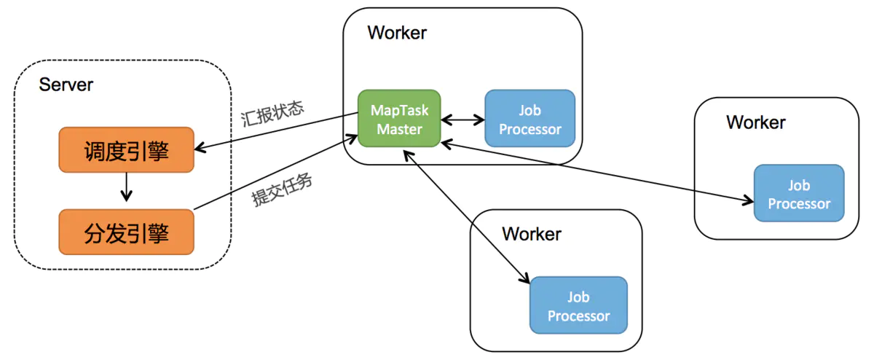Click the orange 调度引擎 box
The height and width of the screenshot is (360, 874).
click(126, 150)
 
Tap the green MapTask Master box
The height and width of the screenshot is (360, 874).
click(400, 120)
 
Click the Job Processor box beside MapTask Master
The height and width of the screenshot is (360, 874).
click(529, 120)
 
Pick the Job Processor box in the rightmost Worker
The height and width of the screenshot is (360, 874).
click(798, 193)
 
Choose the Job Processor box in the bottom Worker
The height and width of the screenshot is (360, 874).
click(578, 306)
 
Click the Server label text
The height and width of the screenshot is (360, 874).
click(66, 85)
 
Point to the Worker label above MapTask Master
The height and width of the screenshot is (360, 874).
click(397, 33)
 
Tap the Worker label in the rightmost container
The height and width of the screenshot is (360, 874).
click(755, 122)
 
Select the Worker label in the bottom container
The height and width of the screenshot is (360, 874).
click(532, 234)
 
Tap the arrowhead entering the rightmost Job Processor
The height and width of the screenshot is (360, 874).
click(748, 200)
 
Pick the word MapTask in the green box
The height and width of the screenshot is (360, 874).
click(400, 111)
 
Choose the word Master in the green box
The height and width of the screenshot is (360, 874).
click(400, 130)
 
